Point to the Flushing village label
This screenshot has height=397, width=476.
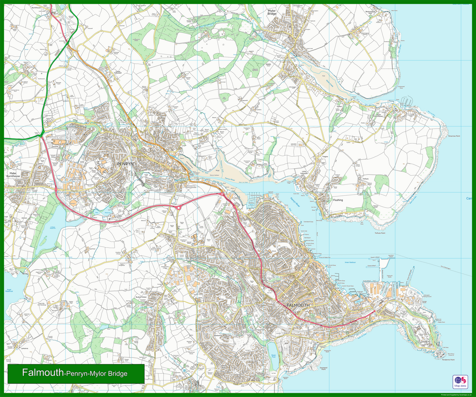coord(338,200)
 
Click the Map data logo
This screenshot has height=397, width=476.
coord(460,382)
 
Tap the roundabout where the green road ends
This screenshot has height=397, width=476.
coord(41,136)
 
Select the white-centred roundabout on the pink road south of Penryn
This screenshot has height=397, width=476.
coord(178,207)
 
